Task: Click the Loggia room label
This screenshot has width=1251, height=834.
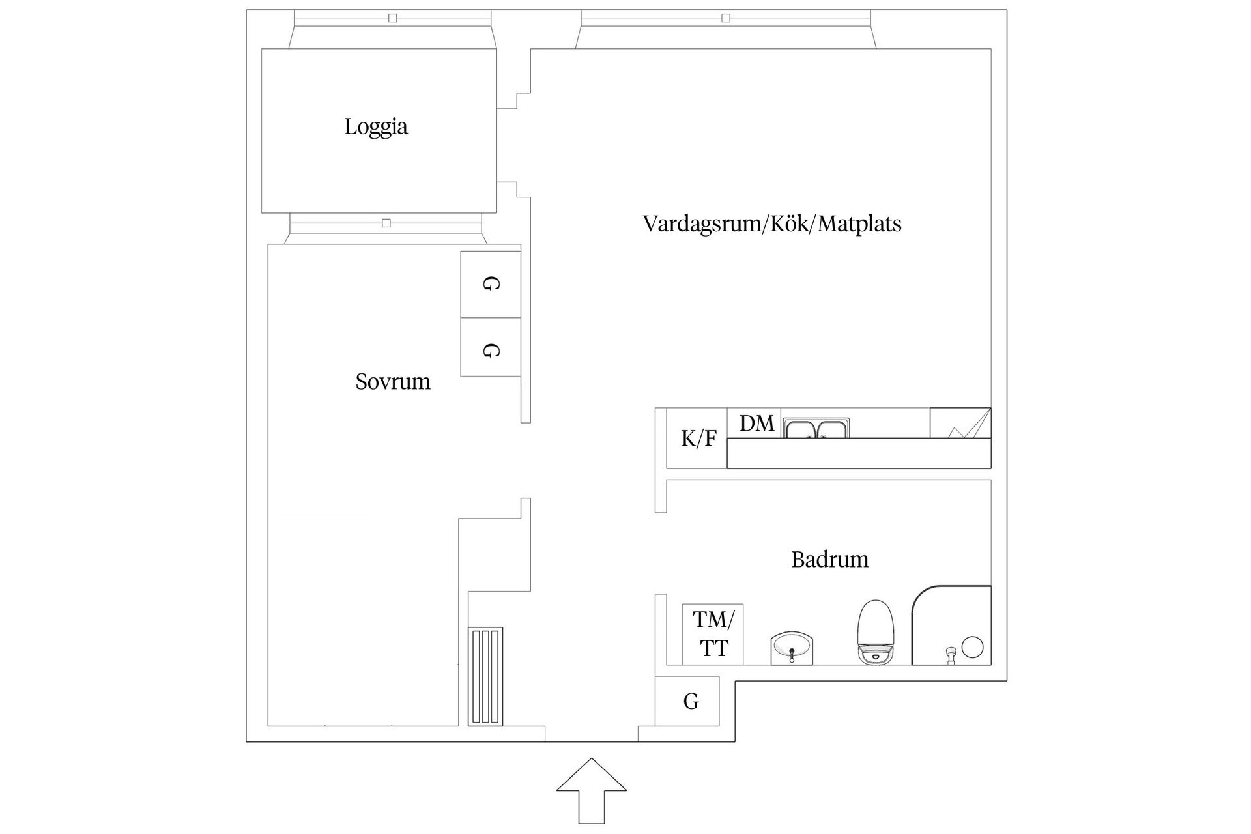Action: point(376,126)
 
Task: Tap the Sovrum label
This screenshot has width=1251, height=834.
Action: point(393,381)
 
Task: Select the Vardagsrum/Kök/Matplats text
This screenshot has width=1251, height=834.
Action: point(772,223)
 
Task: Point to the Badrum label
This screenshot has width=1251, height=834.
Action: point(829,559)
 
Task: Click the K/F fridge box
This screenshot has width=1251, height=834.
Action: point(698,439)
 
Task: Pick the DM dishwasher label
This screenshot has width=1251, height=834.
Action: point(756,424)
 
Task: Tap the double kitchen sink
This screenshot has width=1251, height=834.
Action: point(816,429)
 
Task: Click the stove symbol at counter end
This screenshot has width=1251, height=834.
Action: point(960,423)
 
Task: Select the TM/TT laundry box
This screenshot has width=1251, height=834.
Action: point(713,634)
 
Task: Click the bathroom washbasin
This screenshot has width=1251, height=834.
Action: point(792,648)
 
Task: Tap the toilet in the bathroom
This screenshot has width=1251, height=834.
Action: point(876,632)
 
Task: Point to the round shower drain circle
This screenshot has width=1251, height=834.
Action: point(972,647)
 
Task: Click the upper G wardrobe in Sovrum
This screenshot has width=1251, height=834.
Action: point(490,284)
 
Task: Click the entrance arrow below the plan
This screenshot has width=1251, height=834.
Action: point(591,789)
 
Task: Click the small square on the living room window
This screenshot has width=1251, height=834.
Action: point(726,18)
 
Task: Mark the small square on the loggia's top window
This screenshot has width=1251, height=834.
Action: point(392,18)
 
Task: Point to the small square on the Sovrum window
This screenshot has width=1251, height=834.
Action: point(386,223)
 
